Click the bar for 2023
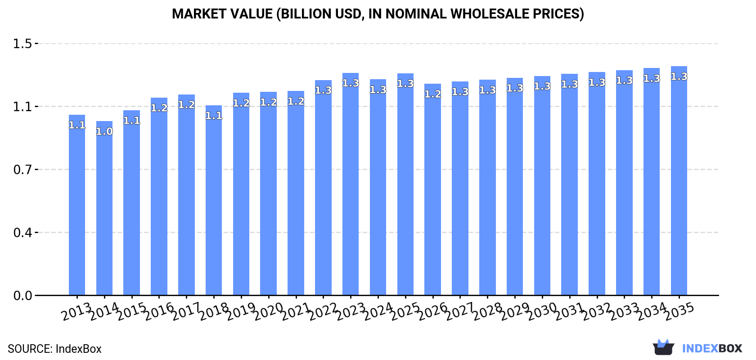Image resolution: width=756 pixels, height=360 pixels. tap(351, 184)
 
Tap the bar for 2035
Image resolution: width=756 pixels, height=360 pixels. tap(679, 181)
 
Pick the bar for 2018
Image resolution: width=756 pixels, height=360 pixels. tap(214, 200)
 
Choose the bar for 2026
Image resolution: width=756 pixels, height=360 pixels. tap(432, 189)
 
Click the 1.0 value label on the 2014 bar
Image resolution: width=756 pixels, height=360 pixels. tap(104, 131)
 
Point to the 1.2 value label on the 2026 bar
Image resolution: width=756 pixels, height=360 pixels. tap(432, 94)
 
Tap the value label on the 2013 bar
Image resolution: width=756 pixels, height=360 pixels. tap(77, 125)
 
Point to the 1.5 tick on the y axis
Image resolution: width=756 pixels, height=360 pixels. tap(22, 44)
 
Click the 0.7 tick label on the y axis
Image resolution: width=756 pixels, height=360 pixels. tap(22, 170)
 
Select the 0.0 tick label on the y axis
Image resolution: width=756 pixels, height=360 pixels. tap(22, 296)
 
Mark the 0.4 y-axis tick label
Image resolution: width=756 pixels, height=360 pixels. tap(22, 233)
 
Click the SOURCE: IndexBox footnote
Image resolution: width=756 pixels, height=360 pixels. tap(54, 349)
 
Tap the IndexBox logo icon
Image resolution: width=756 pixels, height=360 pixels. tap(663, 347)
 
